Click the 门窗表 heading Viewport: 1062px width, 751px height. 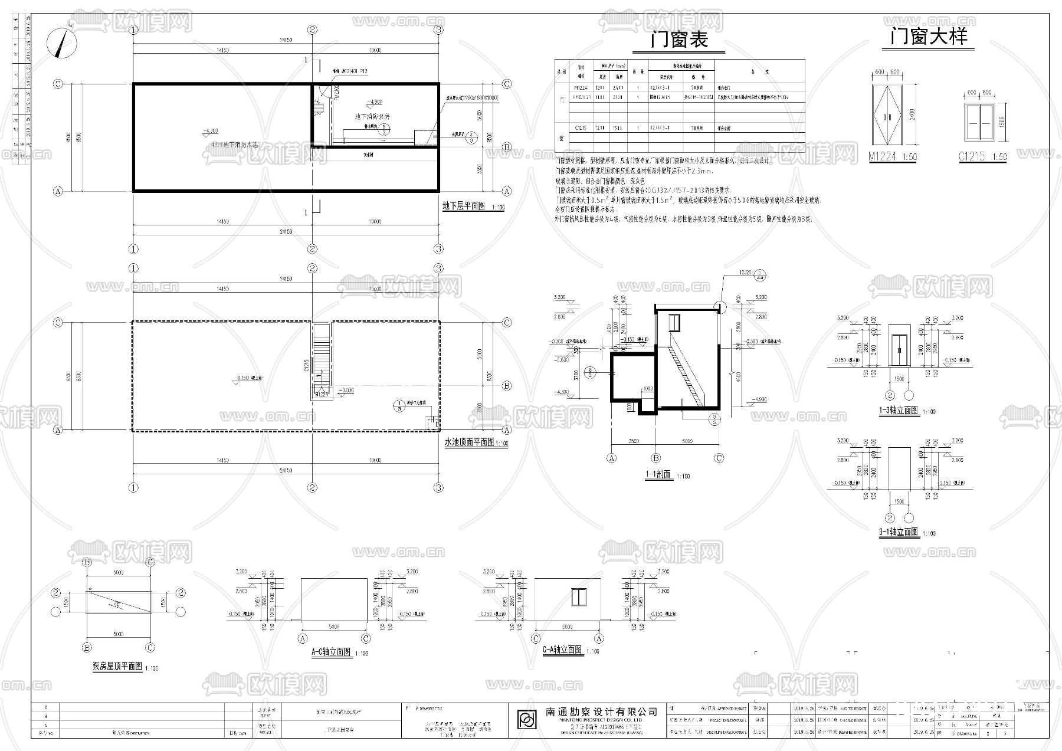point(678,40)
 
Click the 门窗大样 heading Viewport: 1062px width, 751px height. point(929,37)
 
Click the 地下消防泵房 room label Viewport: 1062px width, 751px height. point(372,116)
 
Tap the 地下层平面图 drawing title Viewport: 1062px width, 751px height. point(463,206)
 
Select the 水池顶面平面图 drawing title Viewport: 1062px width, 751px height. point(468,442)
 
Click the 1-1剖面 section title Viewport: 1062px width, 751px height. point(658,474)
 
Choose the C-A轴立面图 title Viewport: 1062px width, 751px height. point(562,650)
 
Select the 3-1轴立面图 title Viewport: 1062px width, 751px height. point(898,532)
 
